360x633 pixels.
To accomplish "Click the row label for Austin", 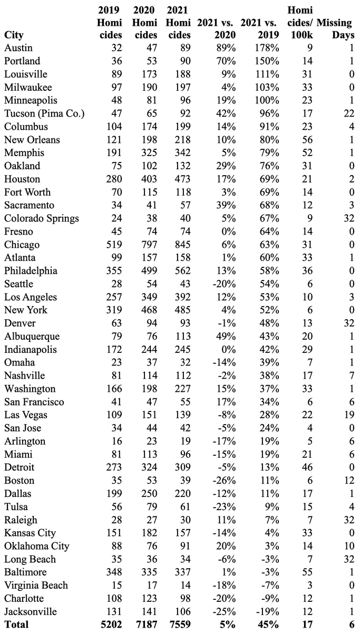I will pyautogui.click(x=17, y=48).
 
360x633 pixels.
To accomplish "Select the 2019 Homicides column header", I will pyautogui.click(x=110, y=23).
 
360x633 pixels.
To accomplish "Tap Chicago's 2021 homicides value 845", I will pyautogui.click(x=179, y=245).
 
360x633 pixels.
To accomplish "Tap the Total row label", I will pyautogui.click(x=17, y=625).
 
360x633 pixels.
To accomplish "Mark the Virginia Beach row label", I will pyautogui.click(x=36, y=585).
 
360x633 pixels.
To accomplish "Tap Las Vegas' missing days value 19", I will pyautogui.click(x=348, y=415).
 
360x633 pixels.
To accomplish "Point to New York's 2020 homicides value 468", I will pyautogui.click(x=147, y=310).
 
